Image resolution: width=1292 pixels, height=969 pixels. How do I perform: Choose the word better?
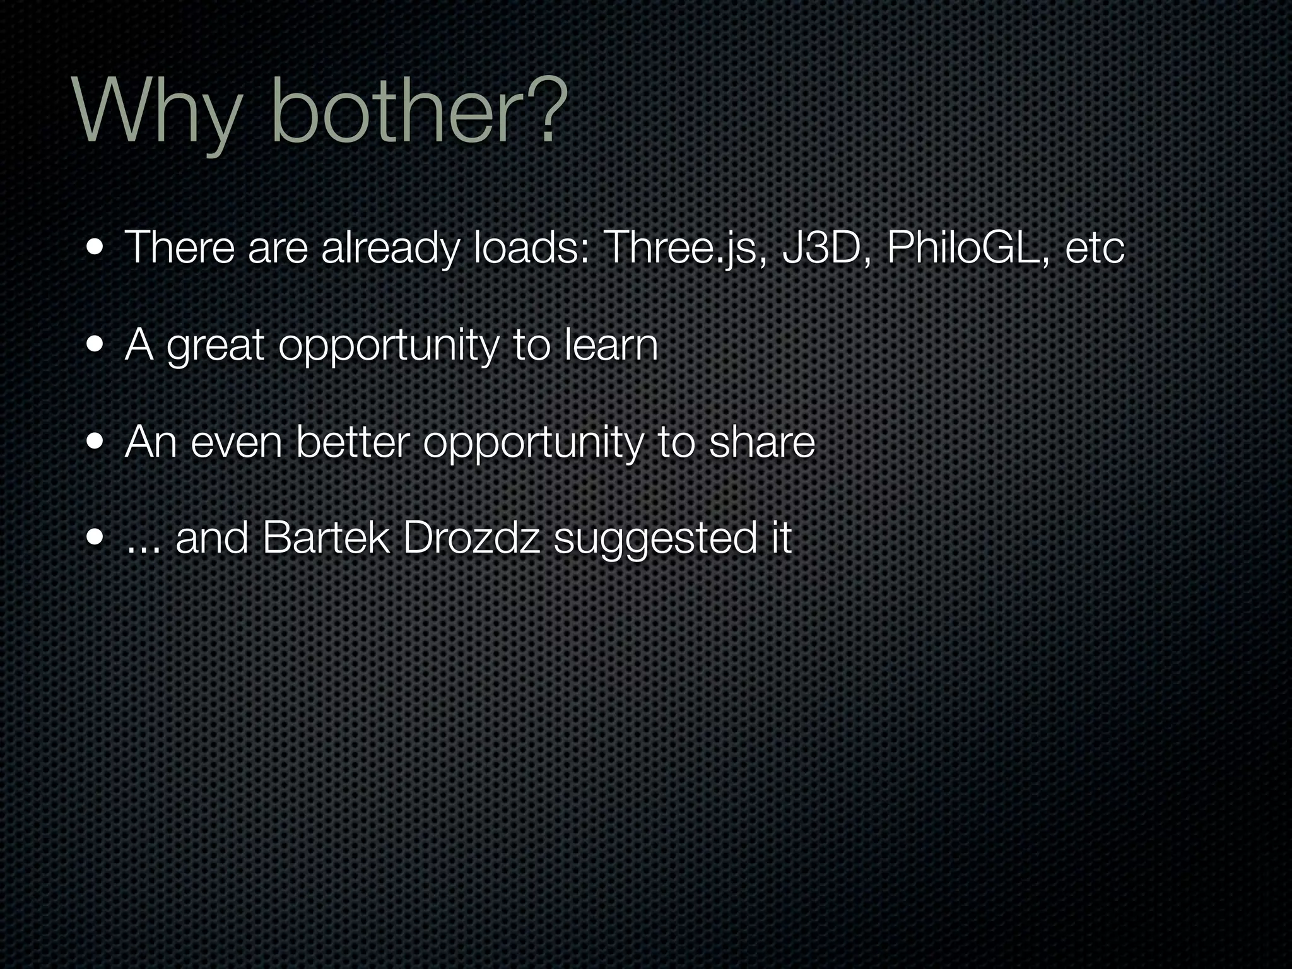click(x=353, y=442)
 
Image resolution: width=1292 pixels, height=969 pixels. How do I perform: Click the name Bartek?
click(x=326, y=539)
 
